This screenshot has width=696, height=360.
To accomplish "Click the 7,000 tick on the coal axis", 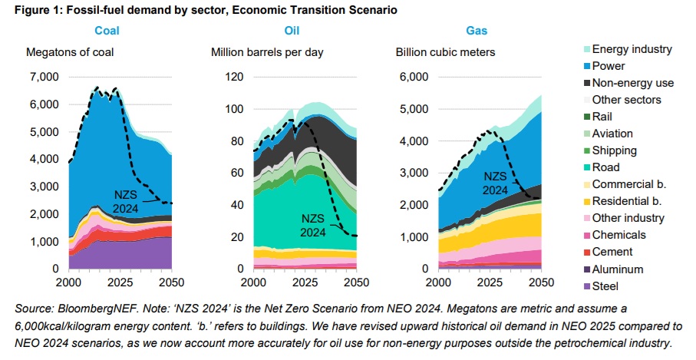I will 43,78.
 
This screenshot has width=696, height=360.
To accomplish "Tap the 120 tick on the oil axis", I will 235,78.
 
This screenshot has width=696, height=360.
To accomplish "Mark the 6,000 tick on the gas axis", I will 411,78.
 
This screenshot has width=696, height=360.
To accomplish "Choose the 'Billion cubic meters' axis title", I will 445,53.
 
